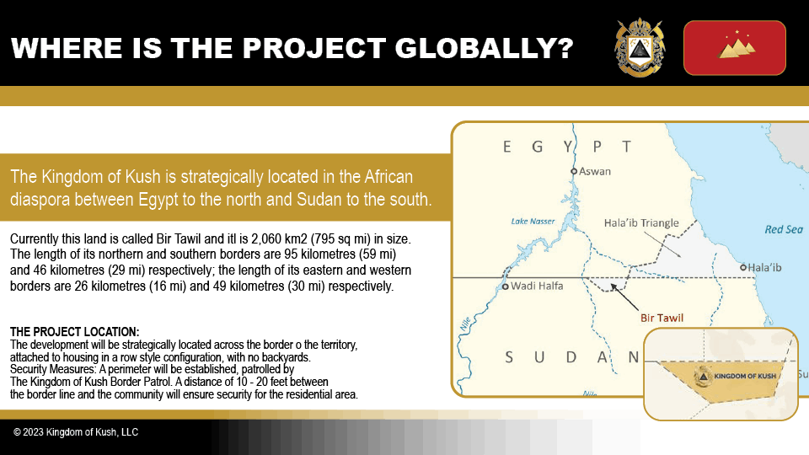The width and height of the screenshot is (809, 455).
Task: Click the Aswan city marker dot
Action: (573, 171)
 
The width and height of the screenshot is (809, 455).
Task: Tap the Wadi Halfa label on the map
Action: (537, 286)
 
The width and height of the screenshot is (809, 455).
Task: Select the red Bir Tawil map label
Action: (662, 318)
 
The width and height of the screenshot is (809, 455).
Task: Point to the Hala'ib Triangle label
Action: (641, 222)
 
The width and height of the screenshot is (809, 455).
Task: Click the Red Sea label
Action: (784, 229)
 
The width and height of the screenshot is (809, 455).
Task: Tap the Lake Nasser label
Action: (533, 222)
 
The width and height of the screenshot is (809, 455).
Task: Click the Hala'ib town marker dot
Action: (743, 267)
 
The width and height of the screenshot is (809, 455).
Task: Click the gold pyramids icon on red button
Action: (737, 45)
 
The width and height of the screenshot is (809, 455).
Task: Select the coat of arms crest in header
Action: (640, 47)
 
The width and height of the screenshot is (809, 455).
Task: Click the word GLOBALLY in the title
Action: (485, 48)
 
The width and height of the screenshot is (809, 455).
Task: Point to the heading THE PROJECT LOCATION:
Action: (74, 332)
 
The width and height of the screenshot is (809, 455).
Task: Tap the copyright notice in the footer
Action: (76, 432)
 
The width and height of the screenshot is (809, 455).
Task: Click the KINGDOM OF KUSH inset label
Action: (744, 376)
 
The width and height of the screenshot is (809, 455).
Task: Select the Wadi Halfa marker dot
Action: (505, 286)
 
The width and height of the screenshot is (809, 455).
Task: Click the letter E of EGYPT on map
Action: (507, 147)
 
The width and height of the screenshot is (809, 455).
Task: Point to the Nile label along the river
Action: (465, 324)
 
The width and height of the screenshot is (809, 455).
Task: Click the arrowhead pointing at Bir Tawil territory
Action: (613, 286)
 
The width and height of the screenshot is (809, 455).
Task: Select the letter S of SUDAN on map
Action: (509, 357)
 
